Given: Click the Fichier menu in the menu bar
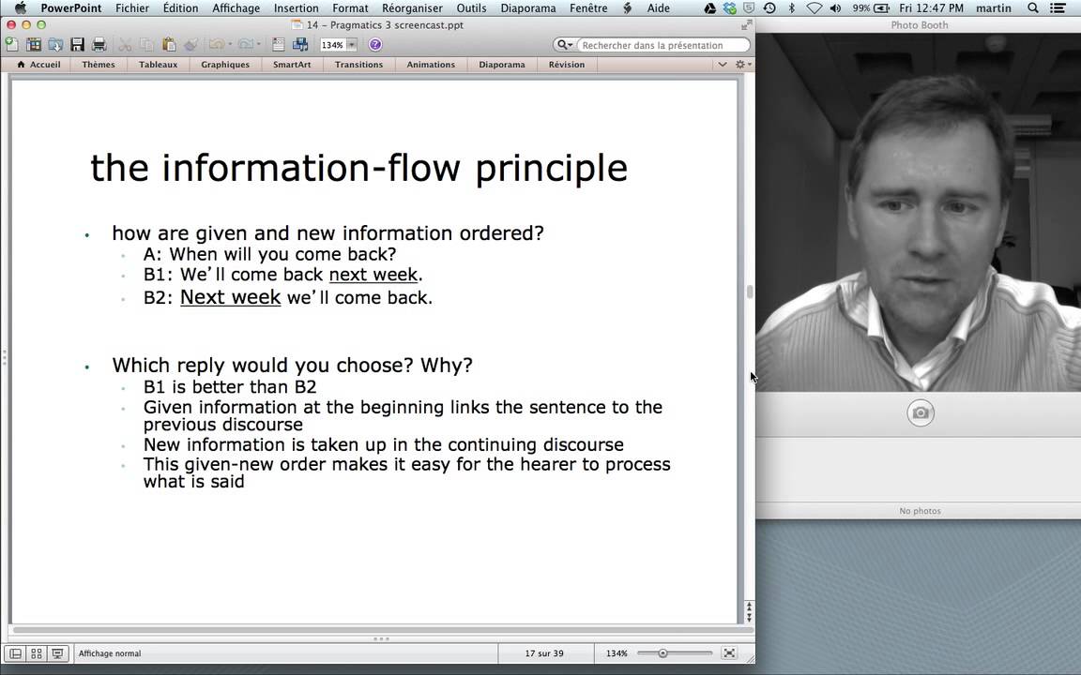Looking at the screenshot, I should pos(132,8).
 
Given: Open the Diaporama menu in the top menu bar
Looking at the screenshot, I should pos(528,8).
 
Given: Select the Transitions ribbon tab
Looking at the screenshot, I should pos(358,65).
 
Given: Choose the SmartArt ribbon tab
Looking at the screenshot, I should pos(292,65).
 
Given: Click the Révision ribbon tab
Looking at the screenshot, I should pos(567,65).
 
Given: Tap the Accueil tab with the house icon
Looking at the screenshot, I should pos(38,65).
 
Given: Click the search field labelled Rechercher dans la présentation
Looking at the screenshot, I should pos(662,45).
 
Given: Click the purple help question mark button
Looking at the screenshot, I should pos(375,44).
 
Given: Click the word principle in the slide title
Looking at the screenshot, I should pos(551,168).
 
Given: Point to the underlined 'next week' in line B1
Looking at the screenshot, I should pos(373,275).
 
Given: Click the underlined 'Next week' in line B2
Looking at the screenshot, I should pos(230,297).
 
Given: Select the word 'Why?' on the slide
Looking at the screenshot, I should pos(446,365).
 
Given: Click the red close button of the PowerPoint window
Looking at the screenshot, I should pos(11,24).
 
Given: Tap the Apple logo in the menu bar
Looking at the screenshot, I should pos(21,8).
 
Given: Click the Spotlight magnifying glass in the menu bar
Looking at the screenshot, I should pos(1033,8).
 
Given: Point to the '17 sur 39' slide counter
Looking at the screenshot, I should pos(544,653).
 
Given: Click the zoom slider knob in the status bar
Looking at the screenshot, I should pos(662,652).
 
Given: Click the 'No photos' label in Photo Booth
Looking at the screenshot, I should pos(920,511).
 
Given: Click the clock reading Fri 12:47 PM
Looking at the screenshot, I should pos(929,8).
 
